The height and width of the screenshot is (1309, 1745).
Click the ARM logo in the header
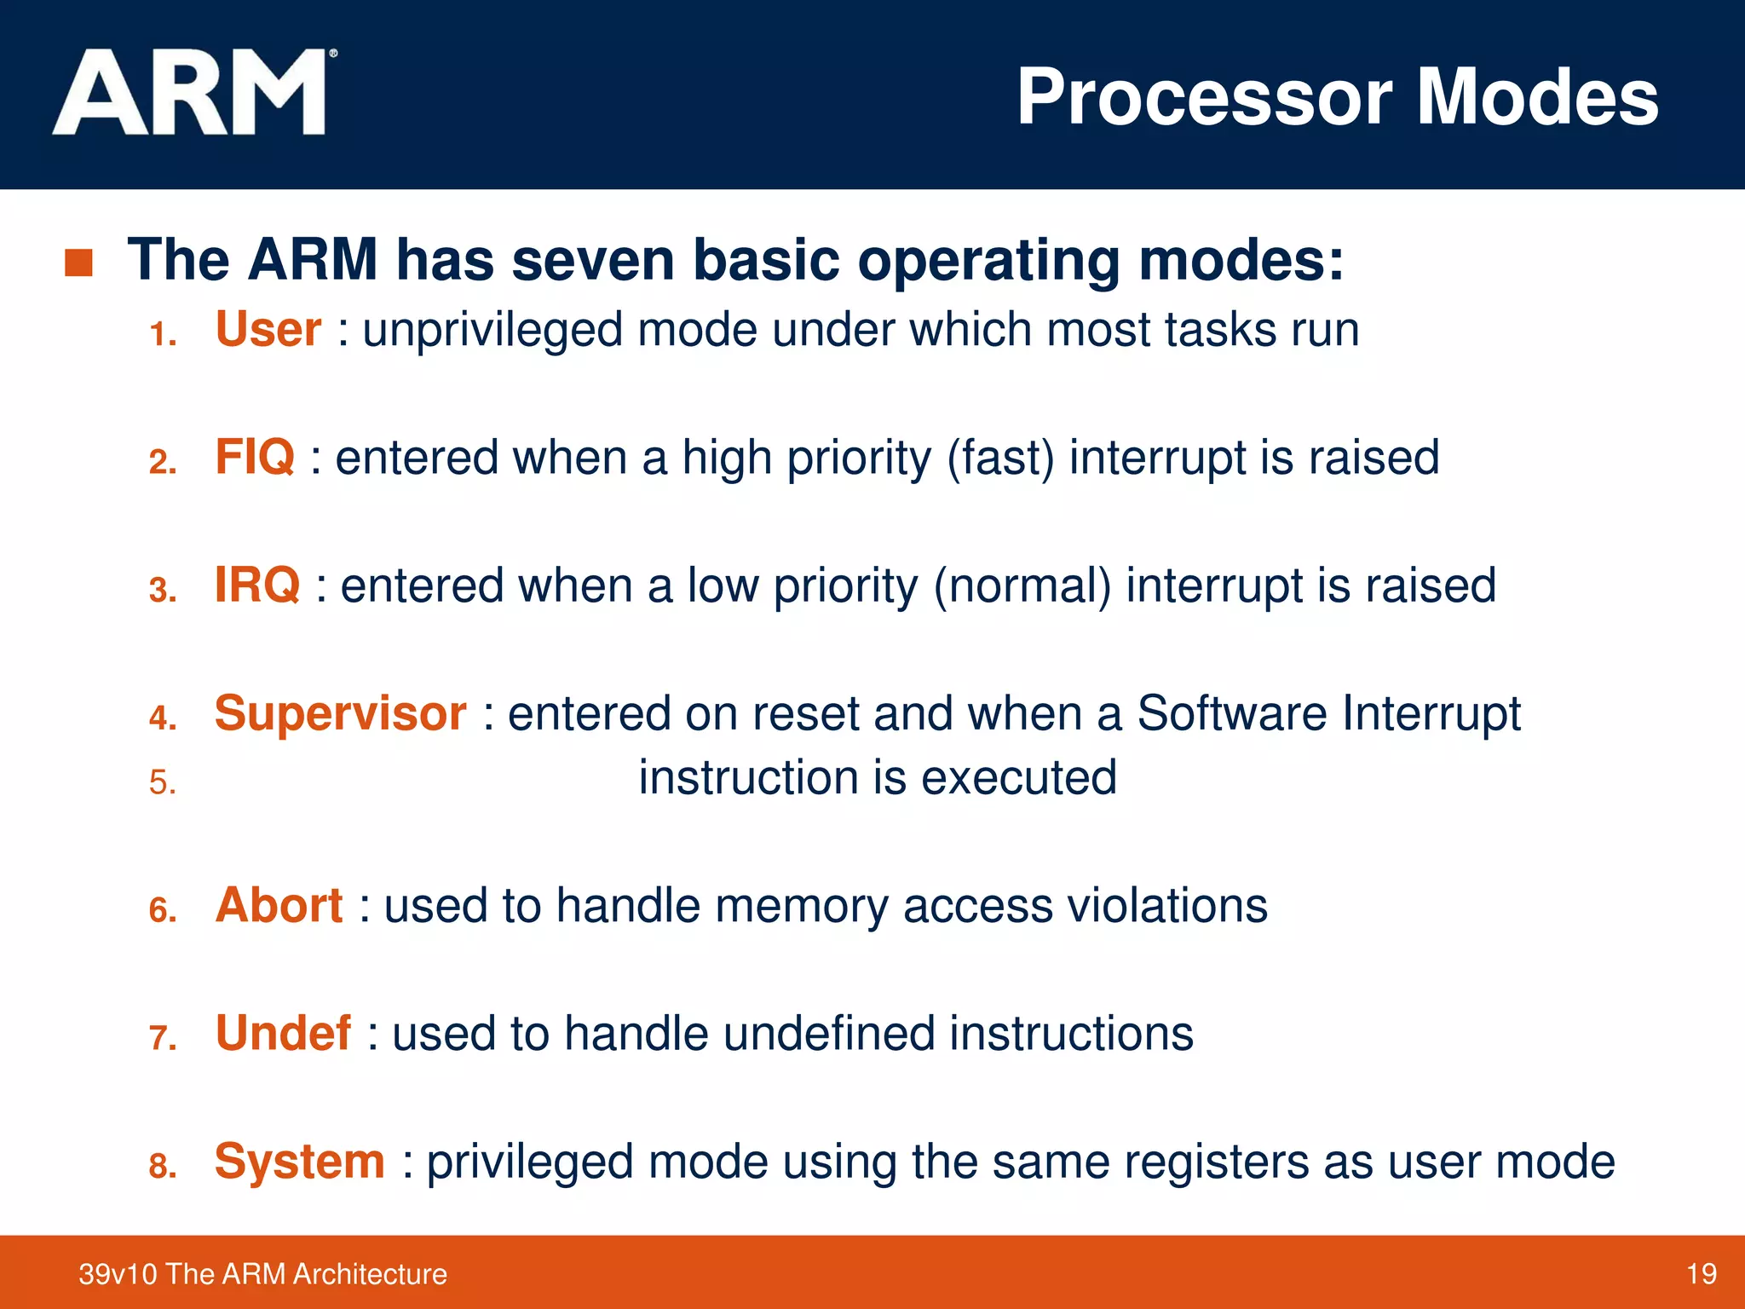tap(192, 92)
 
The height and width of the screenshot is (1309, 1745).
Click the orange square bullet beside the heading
tap(78, 262)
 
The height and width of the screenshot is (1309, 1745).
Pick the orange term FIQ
tap(255, 457)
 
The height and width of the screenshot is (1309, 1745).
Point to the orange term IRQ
tap(257, 585)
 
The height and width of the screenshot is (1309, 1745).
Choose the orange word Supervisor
tap(340, 713)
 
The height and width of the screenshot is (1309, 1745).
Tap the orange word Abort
tap(279, 905)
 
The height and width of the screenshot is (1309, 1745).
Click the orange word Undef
tap(283, 1033)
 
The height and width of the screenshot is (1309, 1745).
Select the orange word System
tap(300, 1162)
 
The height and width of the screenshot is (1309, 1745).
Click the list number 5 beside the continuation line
tap(162, 782)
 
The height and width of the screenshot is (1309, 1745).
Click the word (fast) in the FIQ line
tap(1000, 458)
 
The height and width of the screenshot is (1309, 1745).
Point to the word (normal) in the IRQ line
tap(1022, 586)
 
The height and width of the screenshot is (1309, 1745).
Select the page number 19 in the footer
tap(1701, 1274)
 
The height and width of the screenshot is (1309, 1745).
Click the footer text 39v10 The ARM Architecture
tap(262, 1274)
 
